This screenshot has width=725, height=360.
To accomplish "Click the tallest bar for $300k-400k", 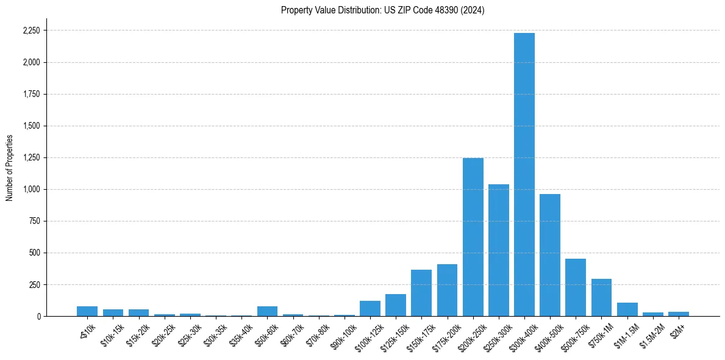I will click(x=524, y=175).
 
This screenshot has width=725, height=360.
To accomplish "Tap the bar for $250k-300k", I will click(x=498, y=250).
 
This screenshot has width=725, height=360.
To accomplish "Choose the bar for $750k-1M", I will click(x=601, y=298).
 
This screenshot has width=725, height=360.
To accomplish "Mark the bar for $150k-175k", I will click(x=421, y=293).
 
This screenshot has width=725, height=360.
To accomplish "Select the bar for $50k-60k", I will click(x=267, y=311).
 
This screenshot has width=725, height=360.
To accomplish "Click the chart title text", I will click(x=383, y=10).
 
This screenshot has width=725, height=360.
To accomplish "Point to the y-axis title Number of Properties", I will click(x=10, y=168).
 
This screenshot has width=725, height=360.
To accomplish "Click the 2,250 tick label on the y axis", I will click(x=31, y=31).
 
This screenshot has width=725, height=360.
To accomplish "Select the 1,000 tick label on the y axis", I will click(x=31, y=189).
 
